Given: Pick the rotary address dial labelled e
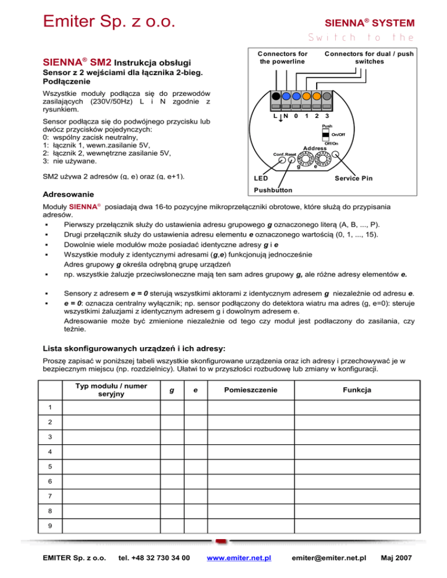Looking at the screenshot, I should (x=321, y=158).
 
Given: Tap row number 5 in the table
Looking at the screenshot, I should (x=51, y=466).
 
